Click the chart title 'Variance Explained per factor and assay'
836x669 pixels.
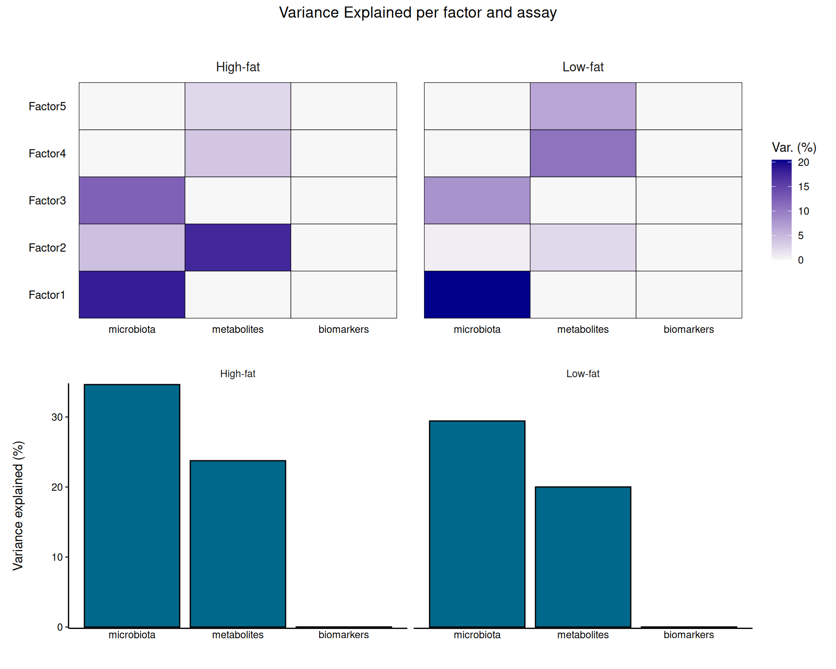[x=418, y=13]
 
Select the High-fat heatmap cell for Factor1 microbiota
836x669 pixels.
[x=132, y=294]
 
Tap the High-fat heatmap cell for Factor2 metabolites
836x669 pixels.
[x=238, y=247]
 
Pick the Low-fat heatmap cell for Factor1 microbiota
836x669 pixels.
[x=477, y=294]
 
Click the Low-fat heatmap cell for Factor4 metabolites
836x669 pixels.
[x=583, y=153]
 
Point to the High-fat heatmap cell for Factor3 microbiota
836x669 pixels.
[x=132, y=200]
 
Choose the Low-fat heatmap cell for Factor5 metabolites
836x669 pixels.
[x=583, y=106]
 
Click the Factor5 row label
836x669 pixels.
[x=47, y=106]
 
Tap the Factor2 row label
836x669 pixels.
[x=47, y=247]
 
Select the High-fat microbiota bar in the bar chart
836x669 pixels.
[x=132, y=506]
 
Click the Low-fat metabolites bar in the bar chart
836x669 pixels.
[x=583, y=557]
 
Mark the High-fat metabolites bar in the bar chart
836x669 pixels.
[x=238, y=544]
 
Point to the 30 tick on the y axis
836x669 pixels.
[x=57, y=417]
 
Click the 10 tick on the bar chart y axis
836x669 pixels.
[x=57, y=557]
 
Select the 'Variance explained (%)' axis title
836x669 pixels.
[x=18, y=506]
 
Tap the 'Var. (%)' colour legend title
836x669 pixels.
[x=794, y=148]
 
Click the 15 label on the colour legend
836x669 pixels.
[x=803, y=187]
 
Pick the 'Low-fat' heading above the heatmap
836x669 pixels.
[x=583, y=67]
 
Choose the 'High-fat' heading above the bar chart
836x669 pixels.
[x=238, y=374]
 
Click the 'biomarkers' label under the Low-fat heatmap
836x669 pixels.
[x=688, y=329]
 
